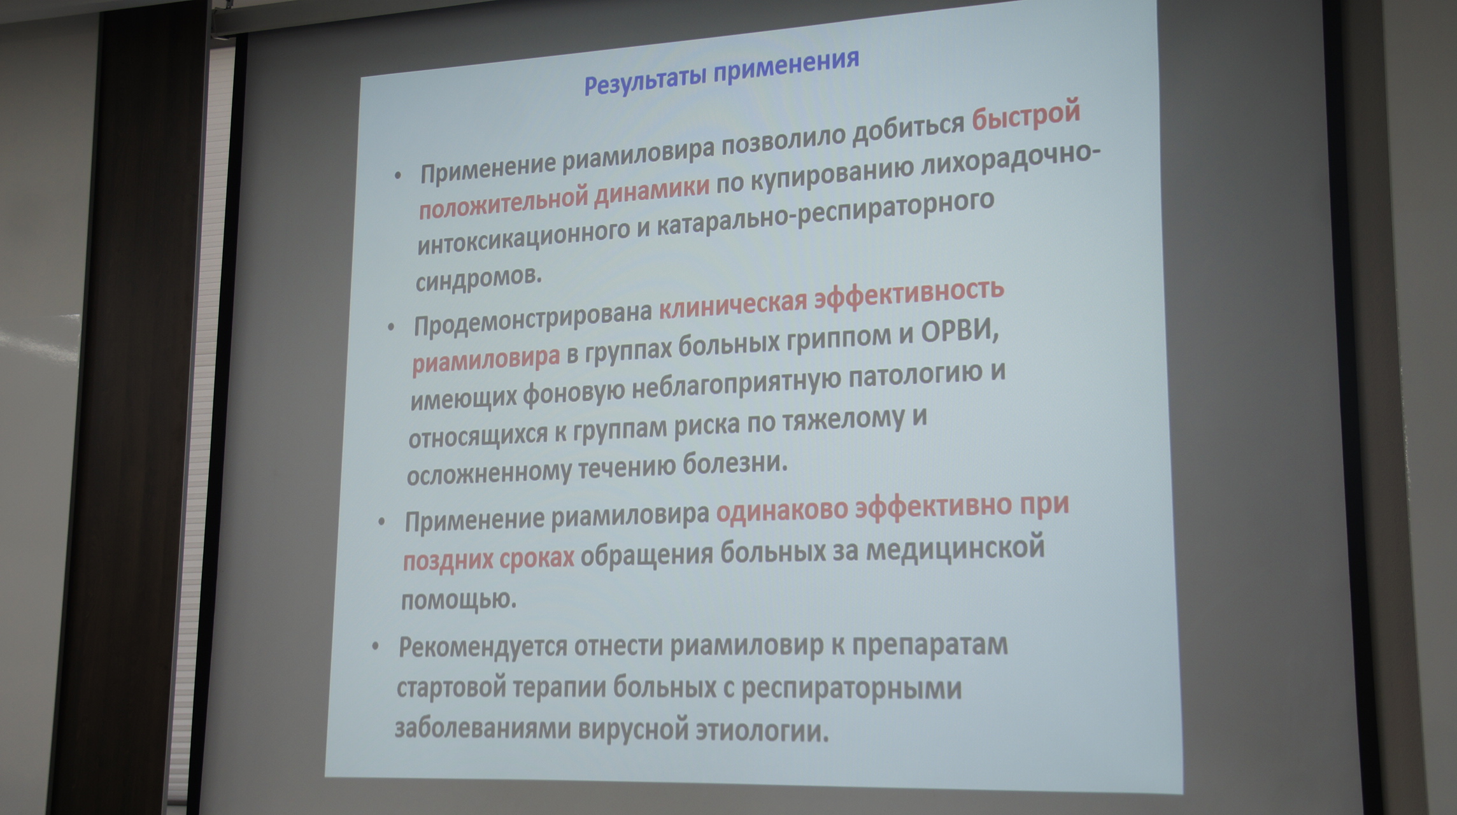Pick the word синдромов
coord(478,278)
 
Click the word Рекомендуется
coord(483,648)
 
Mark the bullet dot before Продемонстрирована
coord(391,327)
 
